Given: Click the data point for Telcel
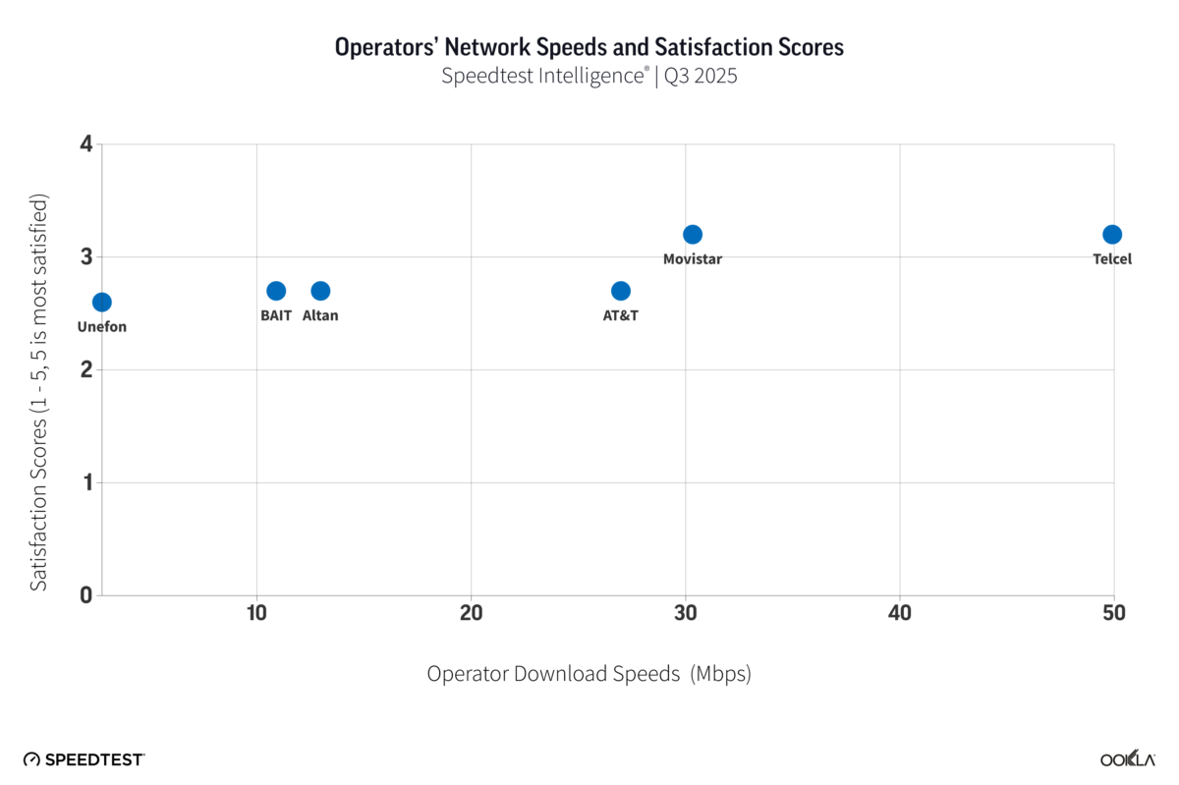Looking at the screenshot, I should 1112,234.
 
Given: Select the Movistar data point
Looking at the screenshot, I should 693,234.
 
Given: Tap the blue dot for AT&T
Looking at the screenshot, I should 621,291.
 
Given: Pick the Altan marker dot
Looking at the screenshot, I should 320,291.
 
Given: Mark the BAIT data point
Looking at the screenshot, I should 276,291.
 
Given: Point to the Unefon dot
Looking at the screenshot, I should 102,302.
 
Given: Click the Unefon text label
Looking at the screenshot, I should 102,327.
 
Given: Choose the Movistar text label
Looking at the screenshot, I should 693,259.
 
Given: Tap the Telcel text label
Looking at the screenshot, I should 1112,259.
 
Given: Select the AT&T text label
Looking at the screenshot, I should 621,316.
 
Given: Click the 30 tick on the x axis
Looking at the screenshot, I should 686,614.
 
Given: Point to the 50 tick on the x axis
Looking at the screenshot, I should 1113,614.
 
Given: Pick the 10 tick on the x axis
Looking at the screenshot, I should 256,614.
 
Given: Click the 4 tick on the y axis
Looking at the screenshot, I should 86,144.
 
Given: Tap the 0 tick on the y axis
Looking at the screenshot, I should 86,594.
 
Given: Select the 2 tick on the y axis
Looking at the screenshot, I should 86,369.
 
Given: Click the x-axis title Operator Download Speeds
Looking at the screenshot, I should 589,674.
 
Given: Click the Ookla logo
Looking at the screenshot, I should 1126,759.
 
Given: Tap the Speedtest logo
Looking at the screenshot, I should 84,759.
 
